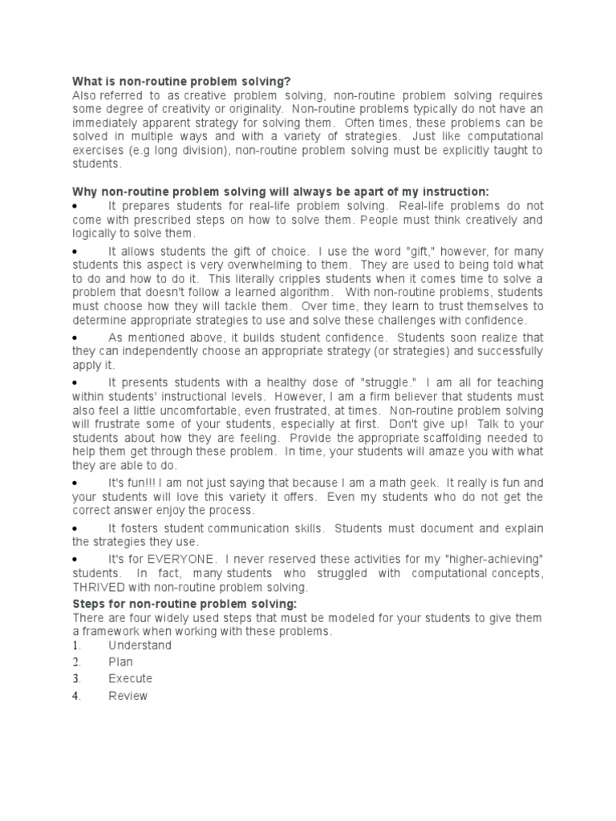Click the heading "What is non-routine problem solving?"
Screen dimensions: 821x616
click(181, 81)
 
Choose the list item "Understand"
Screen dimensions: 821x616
click(140, 645)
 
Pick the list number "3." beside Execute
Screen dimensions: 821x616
click(77, 679)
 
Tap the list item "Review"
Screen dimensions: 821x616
click(128, 696)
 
